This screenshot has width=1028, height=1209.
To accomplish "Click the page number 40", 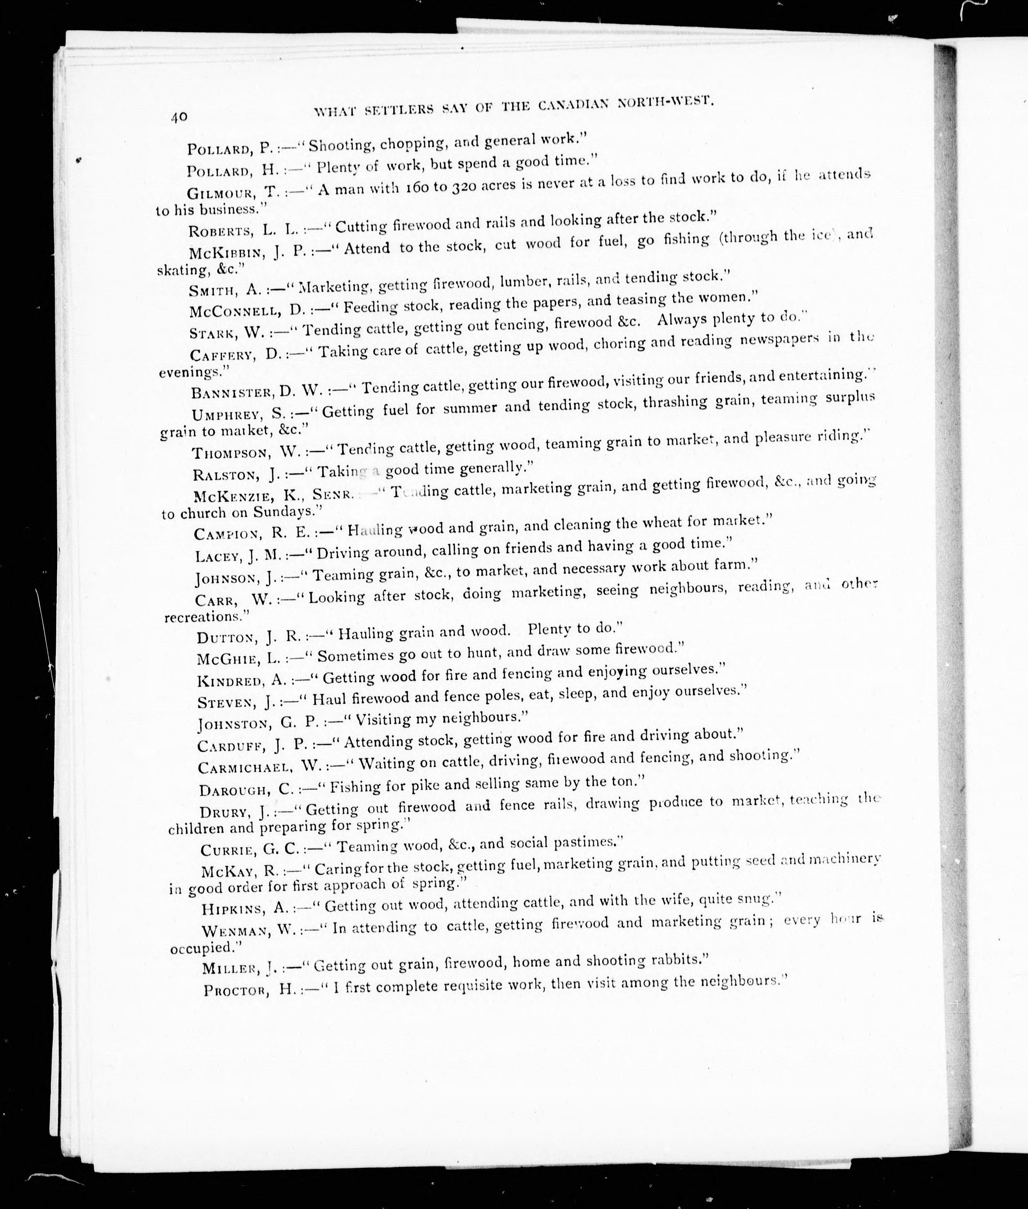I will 179,117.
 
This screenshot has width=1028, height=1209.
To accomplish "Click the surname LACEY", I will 217,556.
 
